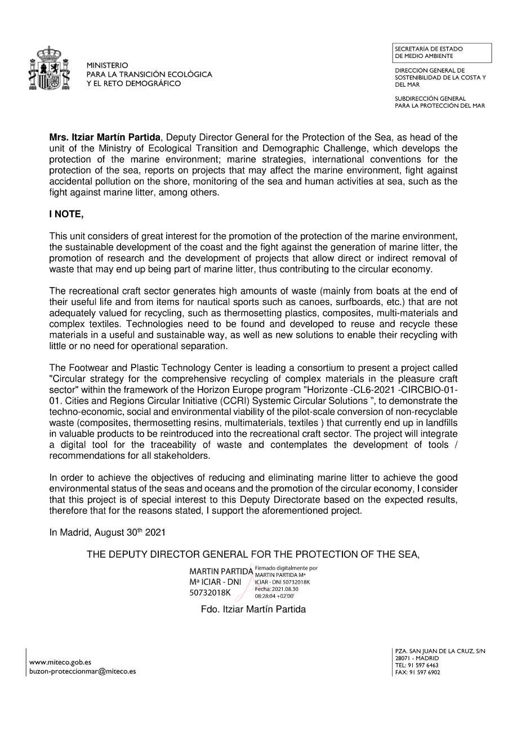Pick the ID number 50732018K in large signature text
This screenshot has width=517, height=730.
pos(210,592)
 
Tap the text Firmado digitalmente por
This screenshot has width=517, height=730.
pos(286,568)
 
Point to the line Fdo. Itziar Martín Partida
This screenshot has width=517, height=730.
pos(253,609)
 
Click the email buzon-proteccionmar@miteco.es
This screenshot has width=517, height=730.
pos(82,671)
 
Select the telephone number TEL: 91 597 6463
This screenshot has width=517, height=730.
pos(417,665)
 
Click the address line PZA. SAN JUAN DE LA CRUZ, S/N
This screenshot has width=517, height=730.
pos(440,651)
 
